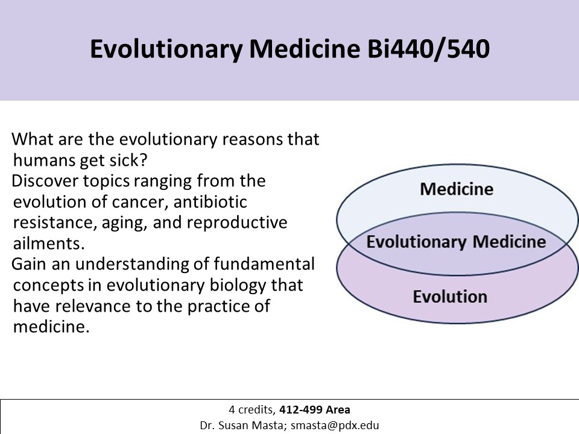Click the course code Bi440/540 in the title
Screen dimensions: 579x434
(x=428, y=49)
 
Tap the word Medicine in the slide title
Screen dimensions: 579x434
(x=305, y=49)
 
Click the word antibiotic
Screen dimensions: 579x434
(x=210, y=201)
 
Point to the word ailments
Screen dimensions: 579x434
(x=49, y=243)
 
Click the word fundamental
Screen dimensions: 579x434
(x=264, y=264)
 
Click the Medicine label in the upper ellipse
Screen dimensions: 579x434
(x=457, y=189)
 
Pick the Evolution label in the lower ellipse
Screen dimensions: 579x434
(x=450, y=297)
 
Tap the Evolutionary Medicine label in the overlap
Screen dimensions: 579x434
(x=456, y=242)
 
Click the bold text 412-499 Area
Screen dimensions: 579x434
(x=315, y=410)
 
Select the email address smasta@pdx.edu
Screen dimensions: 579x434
(x=335, y=426)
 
